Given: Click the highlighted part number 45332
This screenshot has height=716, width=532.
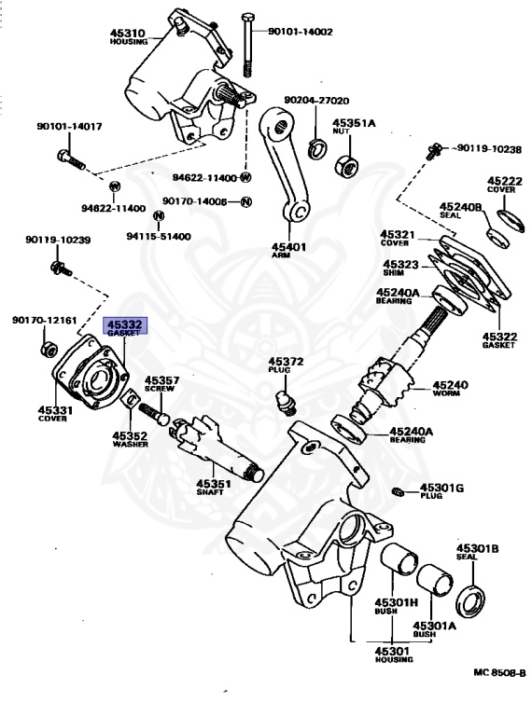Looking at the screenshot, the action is pos(124,324).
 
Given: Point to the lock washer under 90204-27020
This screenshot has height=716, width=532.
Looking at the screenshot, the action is pos(315,149).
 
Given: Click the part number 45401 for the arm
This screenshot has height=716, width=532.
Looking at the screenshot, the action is pos(288,247).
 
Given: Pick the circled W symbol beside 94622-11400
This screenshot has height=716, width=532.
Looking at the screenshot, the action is pos(245,177).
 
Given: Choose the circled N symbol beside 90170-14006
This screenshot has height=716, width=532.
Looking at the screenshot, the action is pos(245,201).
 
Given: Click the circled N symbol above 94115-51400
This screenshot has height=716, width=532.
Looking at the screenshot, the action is pos(158,216).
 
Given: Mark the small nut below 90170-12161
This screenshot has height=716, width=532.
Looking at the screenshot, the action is pos(49,350).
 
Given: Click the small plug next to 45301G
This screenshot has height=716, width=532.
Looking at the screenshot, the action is pos(397,491).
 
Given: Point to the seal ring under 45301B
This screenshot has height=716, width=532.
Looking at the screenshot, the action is pos(470,600).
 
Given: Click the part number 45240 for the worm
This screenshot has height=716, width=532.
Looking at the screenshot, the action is pos(450,385).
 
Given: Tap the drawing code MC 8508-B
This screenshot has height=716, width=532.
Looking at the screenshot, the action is pos(499,672).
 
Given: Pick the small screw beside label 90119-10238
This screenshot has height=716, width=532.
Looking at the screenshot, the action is pos(435,150).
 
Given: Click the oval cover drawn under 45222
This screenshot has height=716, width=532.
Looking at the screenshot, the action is pos(511,221).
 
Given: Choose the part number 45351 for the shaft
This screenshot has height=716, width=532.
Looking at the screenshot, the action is pos(214,484).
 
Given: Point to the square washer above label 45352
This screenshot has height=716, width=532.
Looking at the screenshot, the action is pos(132,399).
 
